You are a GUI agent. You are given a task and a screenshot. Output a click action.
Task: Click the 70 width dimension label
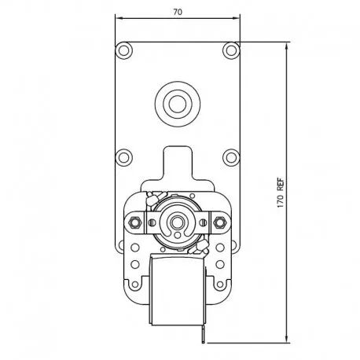pyautogui.click(x=178, y=12)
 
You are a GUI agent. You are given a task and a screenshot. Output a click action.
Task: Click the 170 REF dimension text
pyautogui.click(x=281, y=193)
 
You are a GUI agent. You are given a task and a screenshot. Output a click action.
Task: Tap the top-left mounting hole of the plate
pyautogui.click(x=123, y=50)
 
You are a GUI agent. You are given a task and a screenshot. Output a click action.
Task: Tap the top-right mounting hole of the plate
pyautogui.click(x=231, y=50)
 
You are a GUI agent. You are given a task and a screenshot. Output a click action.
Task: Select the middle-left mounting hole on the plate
pyautogui.click(x=123, y=157)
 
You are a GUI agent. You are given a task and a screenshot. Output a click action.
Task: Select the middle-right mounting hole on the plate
pyautogui.click(x=231, y=157)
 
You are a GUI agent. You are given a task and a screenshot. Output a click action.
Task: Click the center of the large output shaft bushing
pyautogui.click(x=178, y=104)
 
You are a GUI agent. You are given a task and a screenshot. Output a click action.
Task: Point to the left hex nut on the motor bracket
pyautogui.click(x=134, y=222)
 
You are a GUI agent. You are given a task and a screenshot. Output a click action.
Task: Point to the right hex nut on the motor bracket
pyautogui.click(x=219, y=222)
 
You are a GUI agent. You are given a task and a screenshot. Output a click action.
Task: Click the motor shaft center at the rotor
pyautogui.click(x=178, y=222)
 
